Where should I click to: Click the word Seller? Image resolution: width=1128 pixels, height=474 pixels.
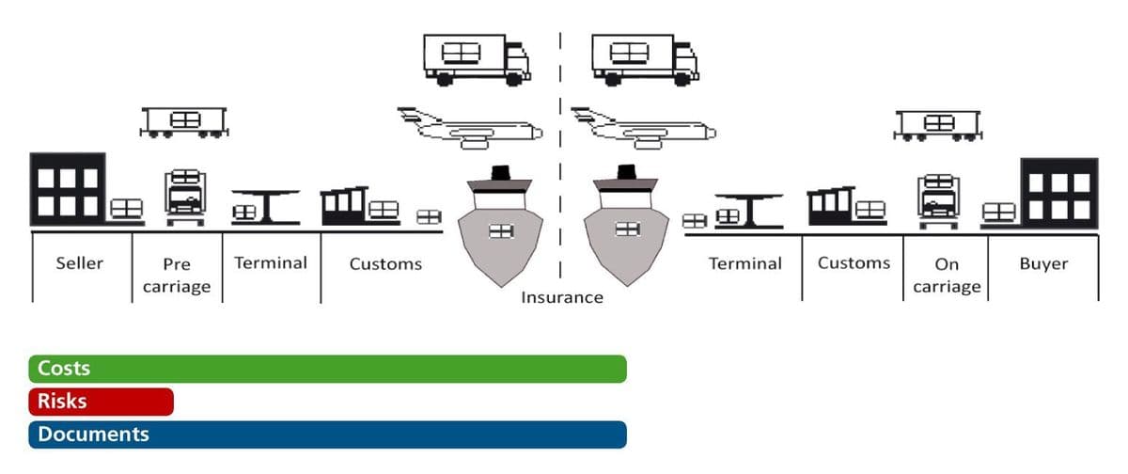80,263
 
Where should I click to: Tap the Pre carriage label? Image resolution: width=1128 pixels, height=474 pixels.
177,275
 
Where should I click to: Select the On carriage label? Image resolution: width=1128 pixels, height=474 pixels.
947,275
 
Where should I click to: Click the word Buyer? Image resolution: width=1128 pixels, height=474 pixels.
1043,263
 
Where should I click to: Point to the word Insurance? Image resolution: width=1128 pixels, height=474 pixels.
562,297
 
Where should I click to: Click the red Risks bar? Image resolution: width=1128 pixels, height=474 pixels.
102,402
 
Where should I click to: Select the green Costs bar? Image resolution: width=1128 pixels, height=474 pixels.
328,369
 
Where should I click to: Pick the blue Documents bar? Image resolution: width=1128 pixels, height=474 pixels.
328,434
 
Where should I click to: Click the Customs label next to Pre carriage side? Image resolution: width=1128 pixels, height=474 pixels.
385,264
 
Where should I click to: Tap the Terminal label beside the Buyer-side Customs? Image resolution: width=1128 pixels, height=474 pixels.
745,263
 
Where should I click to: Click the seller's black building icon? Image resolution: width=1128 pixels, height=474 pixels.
68,189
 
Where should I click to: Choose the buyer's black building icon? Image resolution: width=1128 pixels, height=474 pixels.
1059,194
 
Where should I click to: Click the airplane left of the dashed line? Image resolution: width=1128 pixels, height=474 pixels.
470,129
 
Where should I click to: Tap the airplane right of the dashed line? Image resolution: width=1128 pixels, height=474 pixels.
644,129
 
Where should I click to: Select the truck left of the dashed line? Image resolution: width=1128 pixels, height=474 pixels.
477,59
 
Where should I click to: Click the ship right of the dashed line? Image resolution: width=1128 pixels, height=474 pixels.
626,226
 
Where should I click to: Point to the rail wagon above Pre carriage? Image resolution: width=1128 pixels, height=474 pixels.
184,122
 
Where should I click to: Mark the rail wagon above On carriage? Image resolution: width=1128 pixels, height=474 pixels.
938,125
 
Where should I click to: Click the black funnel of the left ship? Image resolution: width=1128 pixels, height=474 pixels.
500,173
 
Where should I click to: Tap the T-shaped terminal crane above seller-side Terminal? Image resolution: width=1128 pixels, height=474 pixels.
266,207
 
